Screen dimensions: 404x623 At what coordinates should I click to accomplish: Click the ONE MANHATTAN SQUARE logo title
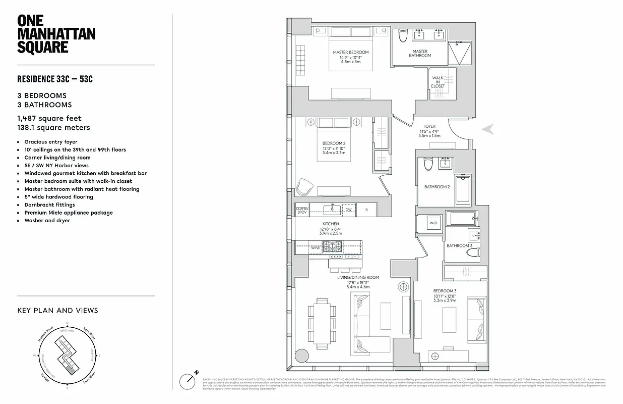pos(56,34)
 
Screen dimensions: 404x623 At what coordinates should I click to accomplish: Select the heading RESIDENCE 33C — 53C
pos(55,79)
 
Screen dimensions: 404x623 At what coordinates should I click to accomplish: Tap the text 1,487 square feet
pos(49,118)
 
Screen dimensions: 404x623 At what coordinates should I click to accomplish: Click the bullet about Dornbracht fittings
pos(49,205)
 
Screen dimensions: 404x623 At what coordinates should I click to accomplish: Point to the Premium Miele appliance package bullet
pos(69,213)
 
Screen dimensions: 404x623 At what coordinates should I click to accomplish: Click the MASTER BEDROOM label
pos(350,53)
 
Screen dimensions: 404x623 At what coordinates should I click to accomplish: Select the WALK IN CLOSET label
pos(438,82)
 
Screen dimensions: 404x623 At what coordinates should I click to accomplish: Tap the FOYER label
pos(429,126)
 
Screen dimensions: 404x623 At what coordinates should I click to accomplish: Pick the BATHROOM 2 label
pos(437,187)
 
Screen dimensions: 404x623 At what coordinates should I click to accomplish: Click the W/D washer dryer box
pos(433,223)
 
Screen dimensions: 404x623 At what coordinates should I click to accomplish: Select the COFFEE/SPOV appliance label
pos(302,210)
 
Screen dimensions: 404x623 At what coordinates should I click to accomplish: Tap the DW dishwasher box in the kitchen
pos(348,210)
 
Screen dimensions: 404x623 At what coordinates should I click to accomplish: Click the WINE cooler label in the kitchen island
pos(315,248)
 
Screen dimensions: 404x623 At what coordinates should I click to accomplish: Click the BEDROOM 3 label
pos(444,291)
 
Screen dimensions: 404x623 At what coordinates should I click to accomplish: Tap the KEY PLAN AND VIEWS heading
pos(57,311)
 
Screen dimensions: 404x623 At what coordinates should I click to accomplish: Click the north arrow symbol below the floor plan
pos(189,379)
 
